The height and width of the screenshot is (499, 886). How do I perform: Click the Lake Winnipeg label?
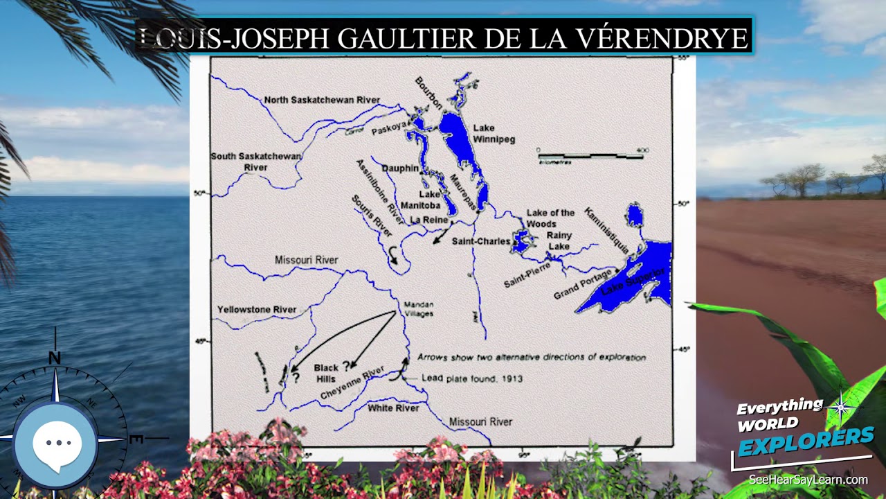(x=494, y=133)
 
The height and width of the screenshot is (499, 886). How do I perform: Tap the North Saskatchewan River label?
(x=322, y=100)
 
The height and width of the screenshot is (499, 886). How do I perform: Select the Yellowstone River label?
(x=257, y=310)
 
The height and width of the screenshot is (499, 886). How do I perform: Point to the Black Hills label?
(x=326, y=374)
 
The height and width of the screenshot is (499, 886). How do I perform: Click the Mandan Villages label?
(x=418, y=309)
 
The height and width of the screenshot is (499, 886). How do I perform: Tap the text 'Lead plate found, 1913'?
(x=472, y=378)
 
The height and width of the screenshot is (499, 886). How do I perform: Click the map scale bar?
(x=590, y=156)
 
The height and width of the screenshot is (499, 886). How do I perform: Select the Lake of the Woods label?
(x=550, y=218)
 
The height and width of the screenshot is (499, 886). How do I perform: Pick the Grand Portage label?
(x=582, y=285)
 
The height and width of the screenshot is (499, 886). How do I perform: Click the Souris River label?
(x=372, y=216)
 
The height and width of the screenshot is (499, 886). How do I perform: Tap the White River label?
(x=393, y=408)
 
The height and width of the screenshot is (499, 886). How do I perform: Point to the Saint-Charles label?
(x=480, y=241)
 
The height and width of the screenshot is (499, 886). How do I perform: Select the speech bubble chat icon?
(x=57, y=444)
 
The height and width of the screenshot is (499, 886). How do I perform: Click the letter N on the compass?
(x=55, y=358)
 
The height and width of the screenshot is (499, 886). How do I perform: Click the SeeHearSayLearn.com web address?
(x=808, y=480)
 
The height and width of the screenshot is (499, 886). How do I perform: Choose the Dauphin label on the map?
(x=400, y=168)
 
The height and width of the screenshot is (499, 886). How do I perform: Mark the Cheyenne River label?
(x=352, y=383)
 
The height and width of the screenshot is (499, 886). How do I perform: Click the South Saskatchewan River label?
(x=256, y=161)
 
